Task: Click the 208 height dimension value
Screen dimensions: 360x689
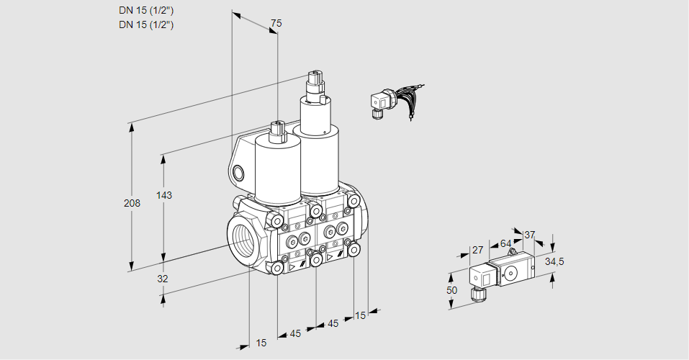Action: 132,204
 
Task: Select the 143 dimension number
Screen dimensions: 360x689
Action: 166,195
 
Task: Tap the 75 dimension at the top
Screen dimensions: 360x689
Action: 275,24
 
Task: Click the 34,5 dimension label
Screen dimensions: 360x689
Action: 555,261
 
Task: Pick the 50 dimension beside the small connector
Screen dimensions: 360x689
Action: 452,289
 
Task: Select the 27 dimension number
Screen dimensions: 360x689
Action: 477,250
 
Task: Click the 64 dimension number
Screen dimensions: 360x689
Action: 505,243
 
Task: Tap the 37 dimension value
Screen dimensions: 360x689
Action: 530,235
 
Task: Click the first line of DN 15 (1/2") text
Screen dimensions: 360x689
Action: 146,11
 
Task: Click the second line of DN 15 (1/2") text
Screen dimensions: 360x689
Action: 146,24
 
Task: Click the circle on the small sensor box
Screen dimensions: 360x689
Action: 512,273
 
